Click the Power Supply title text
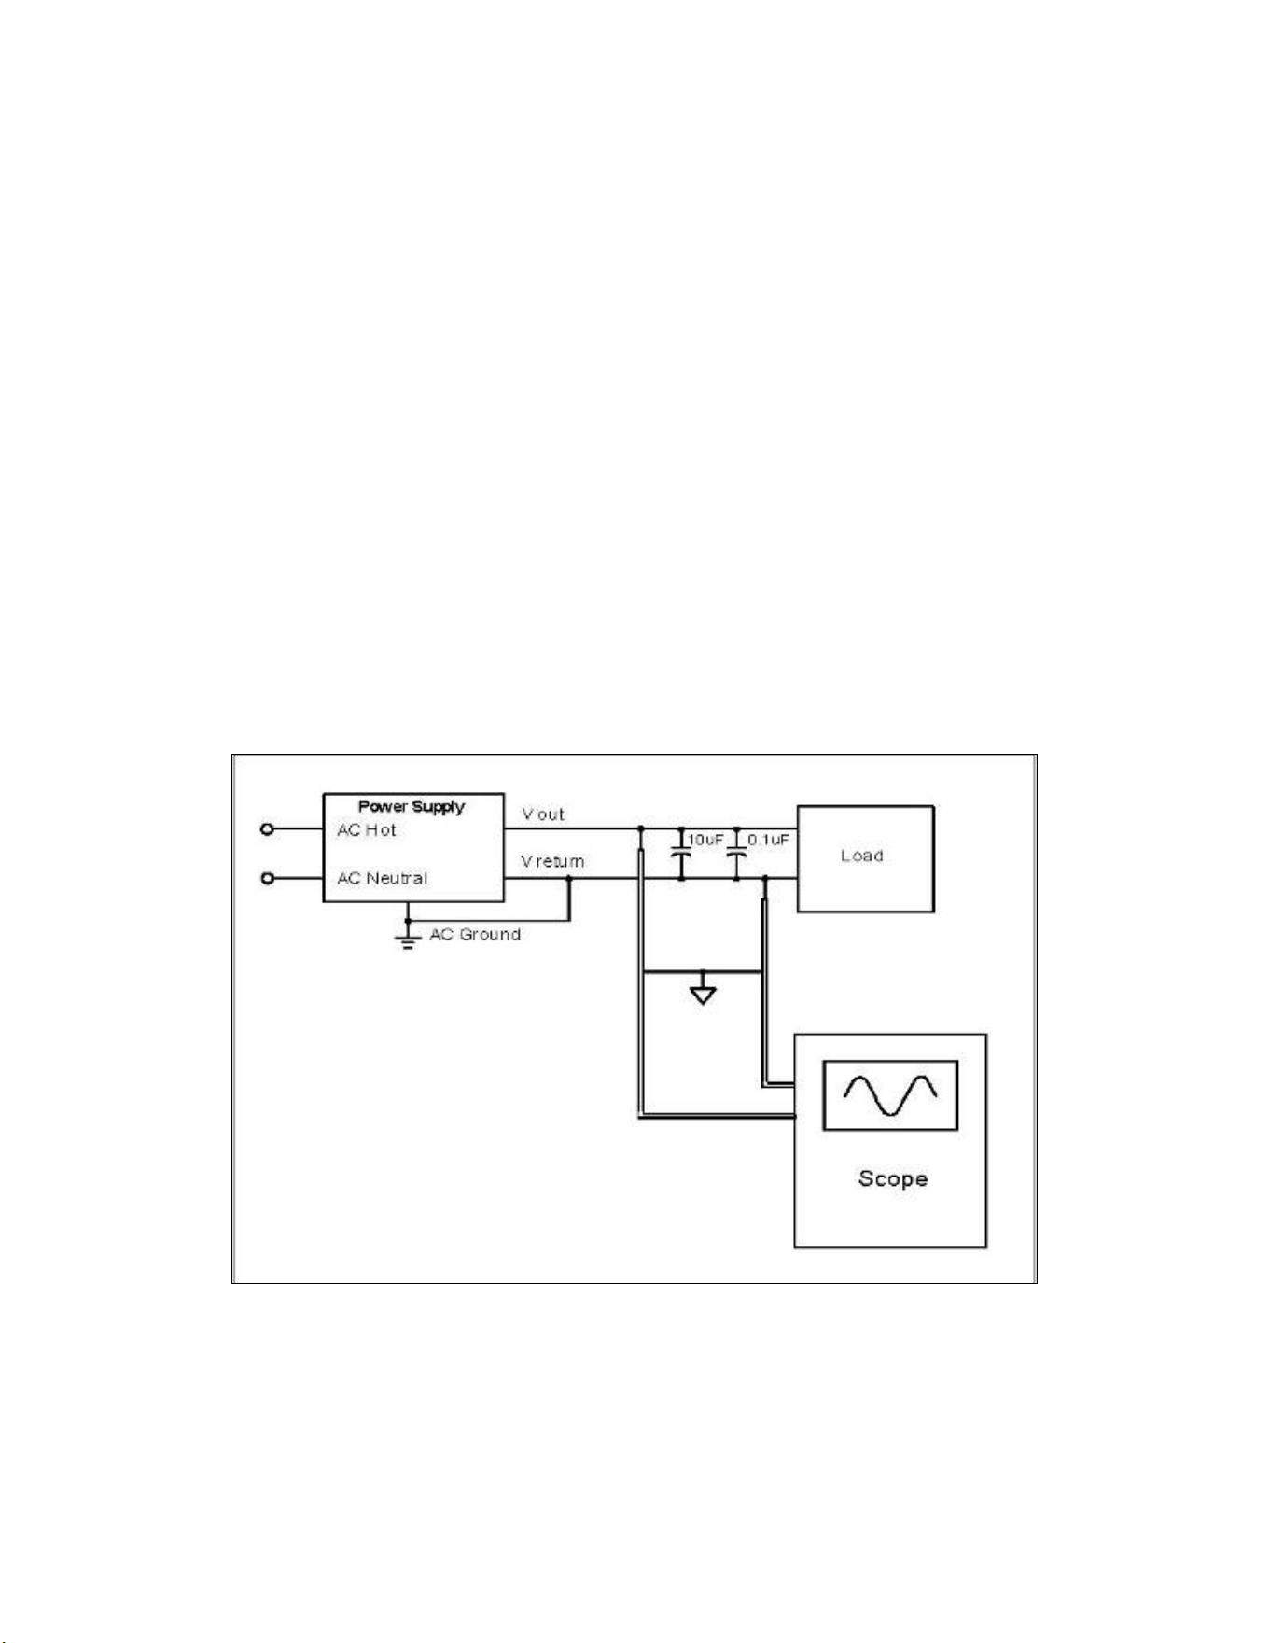(412, 806)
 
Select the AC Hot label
(367, 829)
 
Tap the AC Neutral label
(383, 878)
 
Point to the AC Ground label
(475, 934)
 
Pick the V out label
(543, 814)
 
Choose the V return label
(552, 861)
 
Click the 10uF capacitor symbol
(681, 853)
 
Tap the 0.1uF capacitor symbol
(736, 853)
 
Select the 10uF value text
(705, 840)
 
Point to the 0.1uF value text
(768, 840)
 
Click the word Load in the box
(862, 856)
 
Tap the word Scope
(893, 1178)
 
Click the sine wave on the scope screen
(889, 1095)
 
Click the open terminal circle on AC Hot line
(267, 828)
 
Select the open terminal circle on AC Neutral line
(267, 878)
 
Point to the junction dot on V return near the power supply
(569, 878)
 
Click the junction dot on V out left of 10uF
(640, 828)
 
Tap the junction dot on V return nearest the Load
(764, 878)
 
